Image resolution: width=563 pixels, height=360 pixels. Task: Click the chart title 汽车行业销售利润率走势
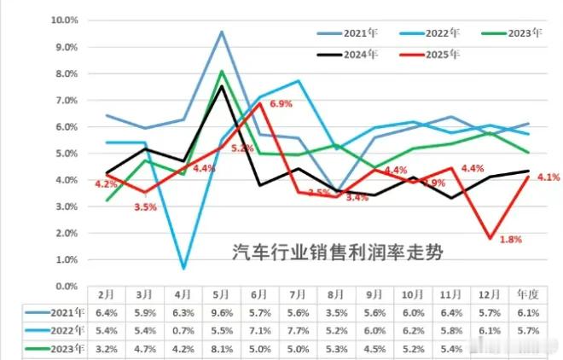339,253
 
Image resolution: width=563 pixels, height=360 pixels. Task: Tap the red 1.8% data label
510,239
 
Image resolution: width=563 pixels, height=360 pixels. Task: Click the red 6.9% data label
281,103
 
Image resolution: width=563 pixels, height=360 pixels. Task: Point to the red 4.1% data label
548,177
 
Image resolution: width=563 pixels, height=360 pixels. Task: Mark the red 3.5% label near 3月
147,206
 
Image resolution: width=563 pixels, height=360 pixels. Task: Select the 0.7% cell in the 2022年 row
183,330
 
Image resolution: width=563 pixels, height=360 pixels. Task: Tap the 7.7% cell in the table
296,330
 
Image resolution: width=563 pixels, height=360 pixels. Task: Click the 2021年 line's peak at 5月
221,32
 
